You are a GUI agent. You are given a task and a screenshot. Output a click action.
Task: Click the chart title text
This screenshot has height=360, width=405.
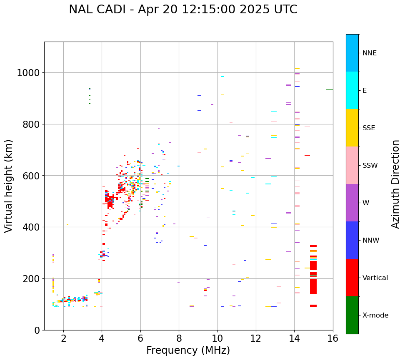[x=183, y=10]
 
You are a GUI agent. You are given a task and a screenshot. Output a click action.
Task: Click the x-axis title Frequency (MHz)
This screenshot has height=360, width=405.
[x=188, y=350]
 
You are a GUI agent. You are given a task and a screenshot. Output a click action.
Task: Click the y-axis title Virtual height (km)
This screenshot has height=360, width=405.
[x=9, y=186]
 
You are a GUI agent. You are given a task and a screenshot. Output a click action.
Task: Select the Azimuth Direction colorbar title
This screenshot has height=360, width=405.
[x=395, y=184]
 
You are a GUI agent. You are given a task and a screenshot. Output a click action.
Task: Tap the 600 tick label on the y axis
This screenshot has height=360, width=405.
[x=31, y=176]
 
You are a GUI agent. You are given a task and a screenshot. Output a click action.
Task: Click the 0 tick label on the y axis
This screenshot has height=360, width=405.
[x=37, y=330]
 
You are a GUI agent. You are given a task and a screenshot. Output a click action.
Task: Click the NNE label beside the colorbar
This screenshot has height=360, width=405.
[x=370, y=53]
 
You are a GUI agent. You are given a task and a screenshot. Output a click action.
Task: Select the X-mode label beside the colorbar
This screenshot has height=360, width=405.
[x=375, y=315]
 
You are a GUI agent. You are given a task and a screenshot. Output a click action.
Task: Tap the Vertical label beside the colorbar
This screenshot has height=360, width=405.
[x=375, y=278]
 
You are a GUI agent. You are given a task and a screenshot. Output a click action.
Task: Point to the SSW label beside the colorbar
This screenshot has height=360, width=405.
[x=370, y=166]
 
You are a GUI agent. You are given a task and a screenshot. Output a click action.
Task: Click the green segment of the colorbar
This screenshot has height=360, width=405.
[x=352, y=315]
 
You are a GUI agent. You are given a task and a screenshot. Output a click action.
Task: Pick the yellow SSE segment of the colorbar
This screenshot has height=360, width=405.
[x=352, y=128]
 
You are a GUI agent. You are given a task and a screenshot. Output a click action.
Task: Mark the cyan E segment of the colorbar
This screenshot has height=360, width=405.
[x=352, y=90]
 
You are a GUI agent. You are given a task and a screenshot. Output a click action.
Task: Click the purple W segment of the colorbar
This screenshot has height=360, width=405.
[x=352, y=203]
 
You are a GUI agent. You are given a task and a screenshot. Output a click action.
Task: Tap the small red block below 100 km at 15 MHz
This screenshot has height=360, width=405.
[x=313, y=306]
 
